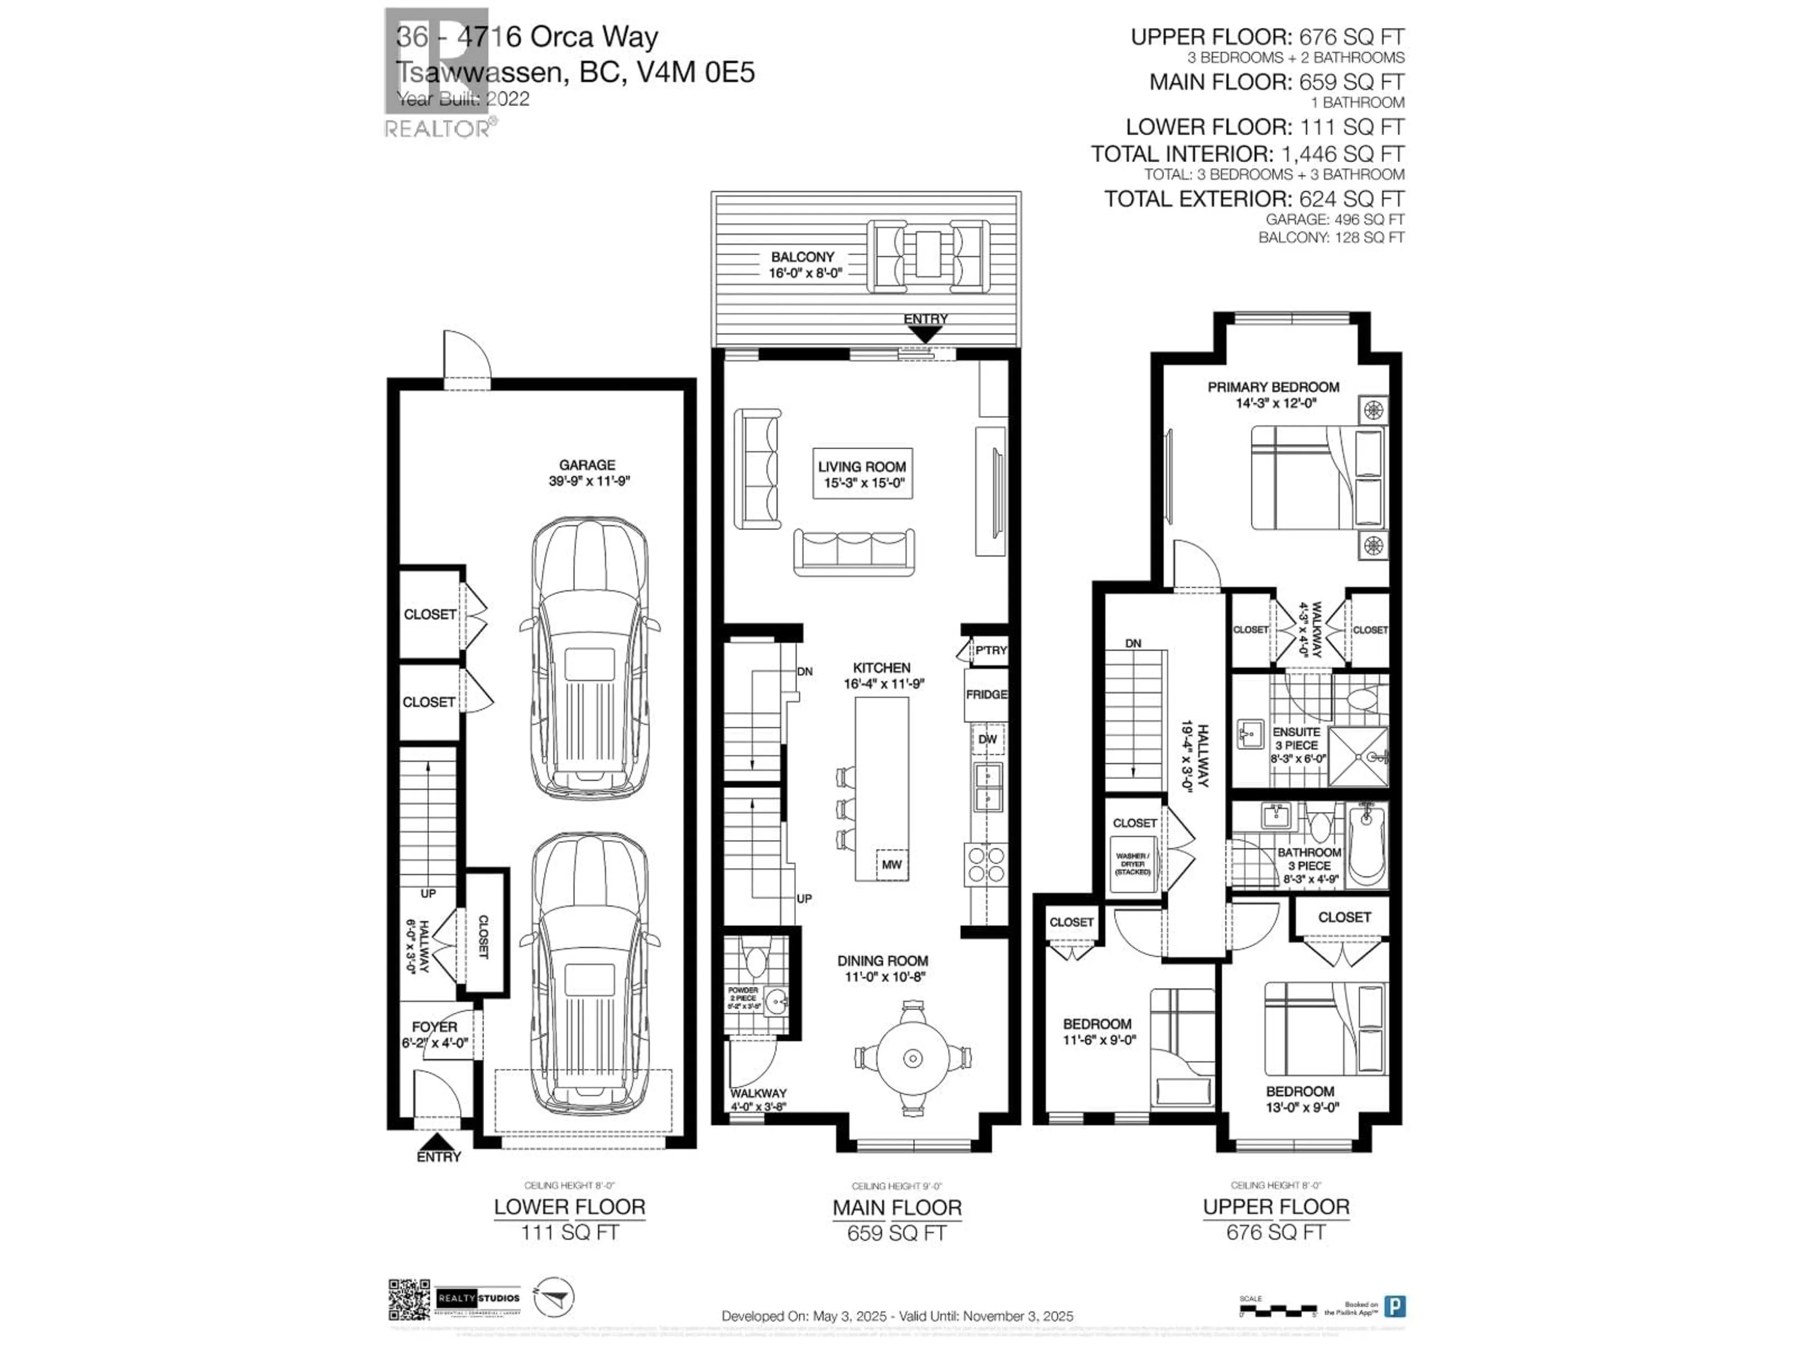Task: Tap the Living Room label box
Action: (x=862, y=474)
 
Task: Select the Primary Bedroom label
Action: (x=1272, y=394)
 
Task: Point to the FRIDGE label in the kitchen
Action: (x=986, y=694)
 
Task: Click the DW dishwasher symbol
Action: (x=987, y=739)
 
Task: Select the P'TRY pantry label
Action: (x=990, y=651)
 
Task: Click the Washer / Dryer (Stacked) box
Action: (x=1132, y=864)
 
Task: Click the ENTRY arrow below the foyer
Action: (x=438, y=1142)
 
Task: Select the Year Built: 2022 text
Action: (x=463, y=99)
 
